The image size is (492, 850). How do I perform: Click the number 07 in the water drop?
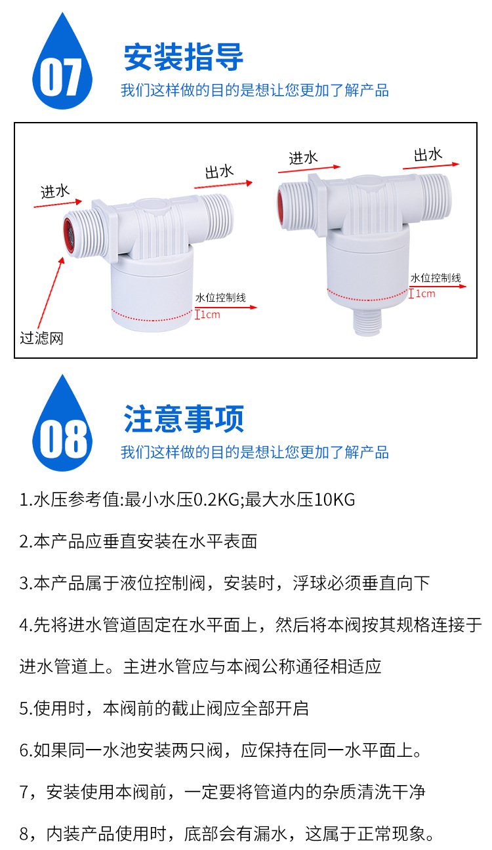pyautogui.click(x=61, y=77)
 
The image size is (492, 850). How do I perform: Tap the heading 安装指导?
pyautogui.click(x=184, y=57)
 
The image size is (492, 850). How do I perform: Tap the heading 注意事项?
pyautogui.click(x=184, y=418)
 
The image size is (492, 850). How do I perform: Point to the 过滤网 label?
pyautogui.click(x=41, y=338)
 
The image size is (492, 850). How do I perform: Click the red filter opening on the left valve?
pyautogui.click(x=69, y=236)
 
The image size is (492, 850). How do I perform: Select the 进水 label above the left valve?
pyautogui.click(x=55, y=192)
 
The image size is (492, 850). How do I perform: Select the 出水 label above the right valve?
pyautogui.click(x=428, y=154)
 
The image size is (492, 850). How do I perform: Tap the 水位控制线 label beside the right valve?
pyautogui.click(x=436, y=278)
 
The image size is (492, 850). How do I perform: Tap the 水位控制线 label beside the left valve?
pyautogui.click(x=220, y=298)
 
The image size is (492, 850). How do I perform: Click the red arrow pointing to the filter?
pyautogui.click(x=51, y=293)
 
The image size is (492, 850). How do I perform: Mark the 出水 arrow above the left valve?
pyautogui.click(x=223, y=185)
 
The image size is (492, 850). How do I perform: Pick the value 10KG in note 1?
pyautogui.click(x=335, y=499)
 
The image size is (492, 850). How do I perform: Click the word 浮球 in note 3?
pyautogui.click(x=310, y=583)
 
